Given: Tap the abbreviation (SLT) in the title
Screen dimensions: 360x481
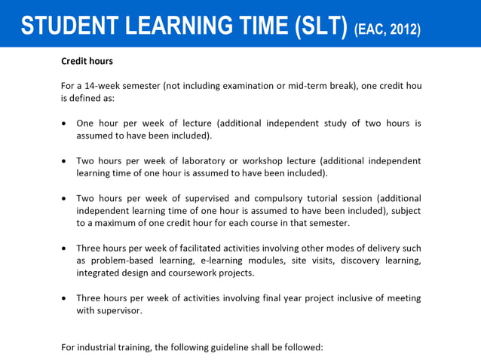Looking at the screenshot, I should pyautogui.click(x=318, y=25).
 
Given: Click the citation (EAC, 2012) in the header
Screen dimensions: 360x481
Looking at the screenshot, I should pyautogui.click(x=387, y=29).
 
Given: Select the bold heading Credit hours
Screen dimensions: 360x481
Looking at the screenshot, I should pyautogui.click(x=87, y=61).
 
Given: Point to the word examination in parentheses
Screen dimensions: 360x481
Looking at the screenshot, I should pyautogui.click(x=277, y=86).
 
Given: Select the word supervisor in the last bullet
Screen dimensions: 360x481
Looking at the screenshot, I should pyautogui.click(x=118, y=310).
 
